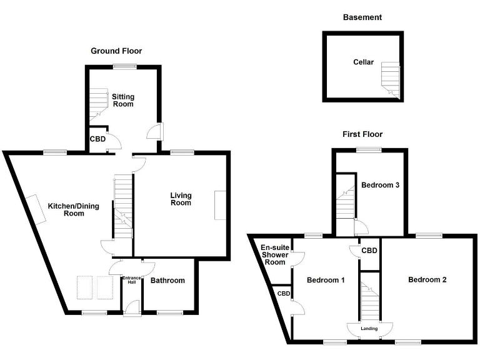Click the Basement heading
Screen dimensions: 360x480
tap(362, 17)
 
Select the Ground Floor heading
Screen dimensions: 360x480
tap(116, 51)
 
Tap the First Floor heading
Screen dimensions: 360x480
tap(362, 134)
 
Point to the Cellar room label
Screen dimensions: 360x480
tap(363, 62)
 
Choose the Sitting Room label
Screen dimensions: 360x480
tap(123, 100)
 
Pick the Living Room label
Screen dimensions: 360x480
tap(181, 199)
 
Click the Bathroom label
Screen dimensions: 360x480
tap(169, 281)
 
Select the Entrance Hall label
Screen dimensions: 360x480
tap(131, 280)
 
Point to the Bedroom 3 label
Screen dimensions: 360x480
tap(380, 185)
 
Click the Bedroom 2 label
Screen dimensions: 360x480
tap(427, 279)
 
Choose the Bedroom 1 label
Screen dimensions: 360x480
tap(326, 280)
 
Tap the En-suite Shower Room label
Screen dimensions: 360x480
tap(274, 254)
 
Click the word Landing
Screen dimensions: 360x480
tap(369, 327)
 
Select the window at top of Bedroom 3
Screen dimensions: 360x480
tap(369, 149)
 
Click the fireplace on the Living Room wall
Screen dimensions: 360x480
tap(220, 204)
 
